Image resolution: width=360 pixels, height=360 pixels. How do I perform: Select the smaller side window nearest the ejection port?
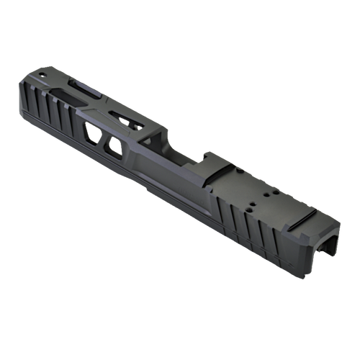click(x=114, y=147)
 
